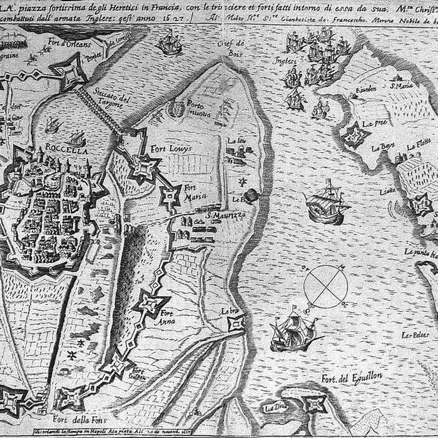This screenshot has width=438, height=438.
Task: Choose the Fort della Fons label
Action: (80, 419)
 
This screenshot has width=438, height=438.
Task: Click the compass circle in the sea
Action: (325, 287)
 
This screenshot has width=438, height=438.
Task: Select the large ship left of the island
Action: (325, 201)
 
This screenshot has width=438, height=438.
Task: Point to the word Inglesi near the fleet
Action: (284, 61)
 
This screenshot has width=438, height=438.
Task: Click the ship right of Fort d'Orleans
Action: (170, 42)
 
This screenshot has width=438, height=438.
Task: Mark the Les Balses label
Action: (415, 335)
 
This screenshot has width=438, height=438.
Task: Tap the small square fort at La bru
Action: (236, 323)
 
